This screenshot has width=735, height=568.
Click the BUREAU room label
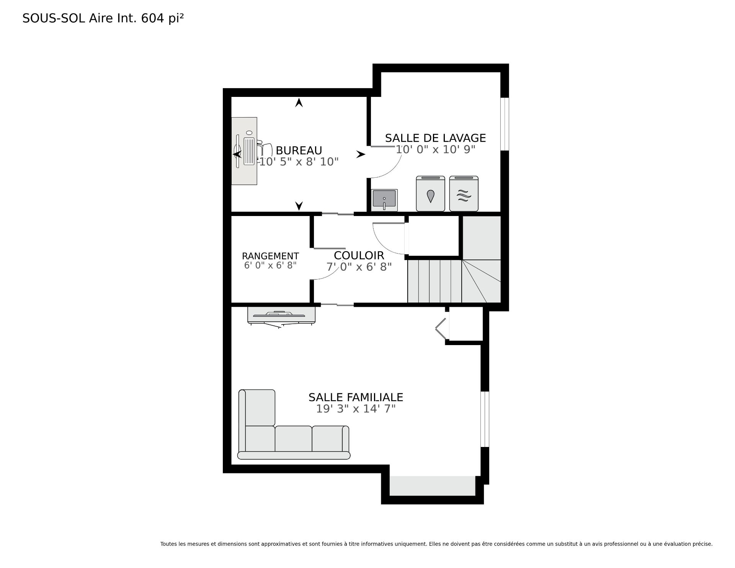299,150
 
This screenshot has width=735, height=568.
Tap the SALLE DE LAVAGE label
435,138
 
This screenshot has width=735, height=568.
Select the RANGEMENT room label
270,256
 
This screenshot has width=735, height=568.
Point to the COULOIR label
359,255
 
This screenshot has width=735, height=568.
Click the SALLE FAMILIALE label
356,397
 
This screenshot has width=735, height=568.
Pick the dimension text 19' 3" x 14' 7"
356,409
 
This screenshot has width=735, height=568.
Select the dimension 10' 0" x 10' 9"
435,149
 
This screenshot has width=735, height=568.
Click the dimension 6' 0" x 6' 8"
270,265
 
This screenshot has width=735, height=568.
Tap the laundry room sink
385,200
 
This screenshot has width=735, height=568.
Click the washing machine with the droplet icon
431,193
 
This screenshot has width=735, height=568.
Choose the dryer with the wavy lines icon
464,193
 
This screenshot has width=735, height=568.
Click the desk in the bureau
244,151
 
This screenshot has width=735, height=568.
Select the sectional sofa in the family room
294,424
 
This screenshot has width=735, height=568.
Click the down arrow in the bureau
299,206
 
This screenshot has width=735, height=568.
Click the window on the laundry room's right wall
505,124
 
